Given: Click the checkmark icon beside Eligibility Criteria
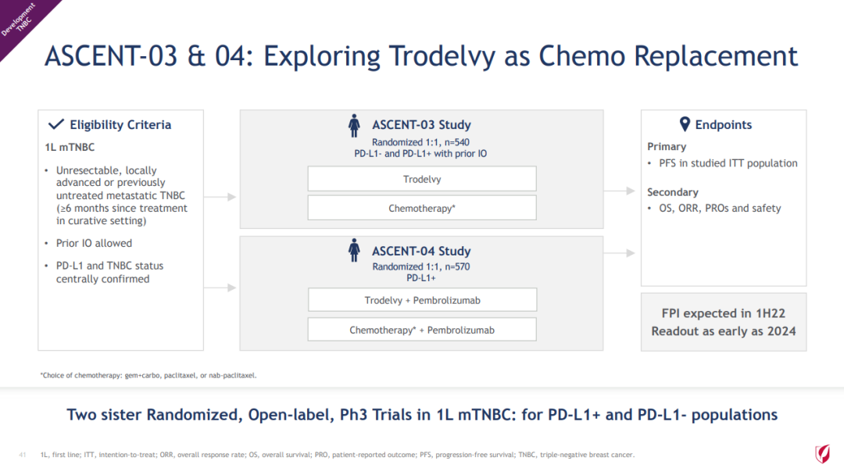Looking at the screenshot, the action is point(56,124).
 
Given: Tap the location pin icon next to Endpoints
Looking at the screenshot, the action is point(684,124).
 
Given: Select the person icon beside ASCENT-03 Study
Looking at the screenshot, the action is point(354,126).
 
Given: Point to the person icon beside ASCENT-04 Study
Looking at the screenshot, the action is point(354,250).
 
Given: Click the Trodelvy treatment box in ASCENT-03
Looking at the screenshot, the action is point(422,179).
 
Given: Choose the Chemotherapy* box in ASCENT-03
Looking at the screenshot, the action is point(422,208).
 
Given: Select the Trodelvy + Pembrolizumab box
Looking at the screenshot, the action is point(423,300).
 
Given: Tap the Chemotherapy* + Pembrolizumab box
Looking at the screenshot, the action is point(422,329).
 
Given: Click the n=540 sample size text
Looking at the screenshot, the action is point(456,142).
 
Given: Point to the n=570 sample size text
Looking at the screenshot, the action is point(457,266).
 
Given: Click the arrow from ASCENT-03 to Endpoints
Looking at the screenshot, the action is point(620,191).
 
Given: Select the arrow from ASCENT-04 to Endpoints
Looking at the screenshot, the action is point(620,253).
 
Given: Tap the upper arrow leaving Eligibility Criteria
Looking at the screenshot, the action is point(220,197).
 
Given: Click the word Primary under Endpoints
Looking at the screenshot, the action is point(667,146).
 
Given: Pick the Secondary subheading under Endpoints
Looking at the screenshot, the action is point(672,192).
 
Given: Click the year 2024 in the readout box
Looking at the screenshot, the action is point(781,330).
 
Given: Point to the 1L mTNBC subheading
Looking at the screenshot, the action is point(70,147).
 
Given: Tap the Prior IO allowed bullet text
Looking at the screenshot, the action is point(95,243).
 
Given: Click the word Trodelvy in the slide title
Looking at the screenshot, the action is point(442,56).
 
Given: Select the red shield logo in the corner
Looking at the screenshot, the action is point(822,453).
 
